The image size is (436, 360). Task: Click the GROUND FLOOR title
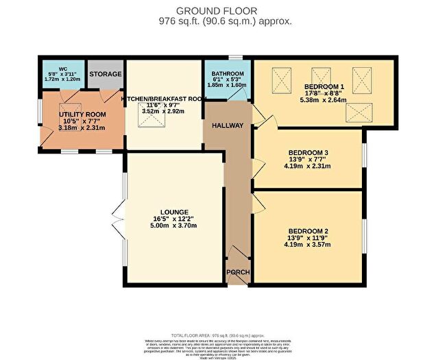point(217,10)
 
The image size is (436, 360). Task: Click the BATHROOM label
point(228,74)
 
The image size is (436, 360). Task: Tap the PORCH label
point(238,272)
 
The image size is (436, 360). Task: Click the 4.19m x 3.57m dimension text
point(309,245)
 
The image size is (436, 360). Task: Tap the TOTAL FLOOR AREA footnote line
point(217,332)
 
